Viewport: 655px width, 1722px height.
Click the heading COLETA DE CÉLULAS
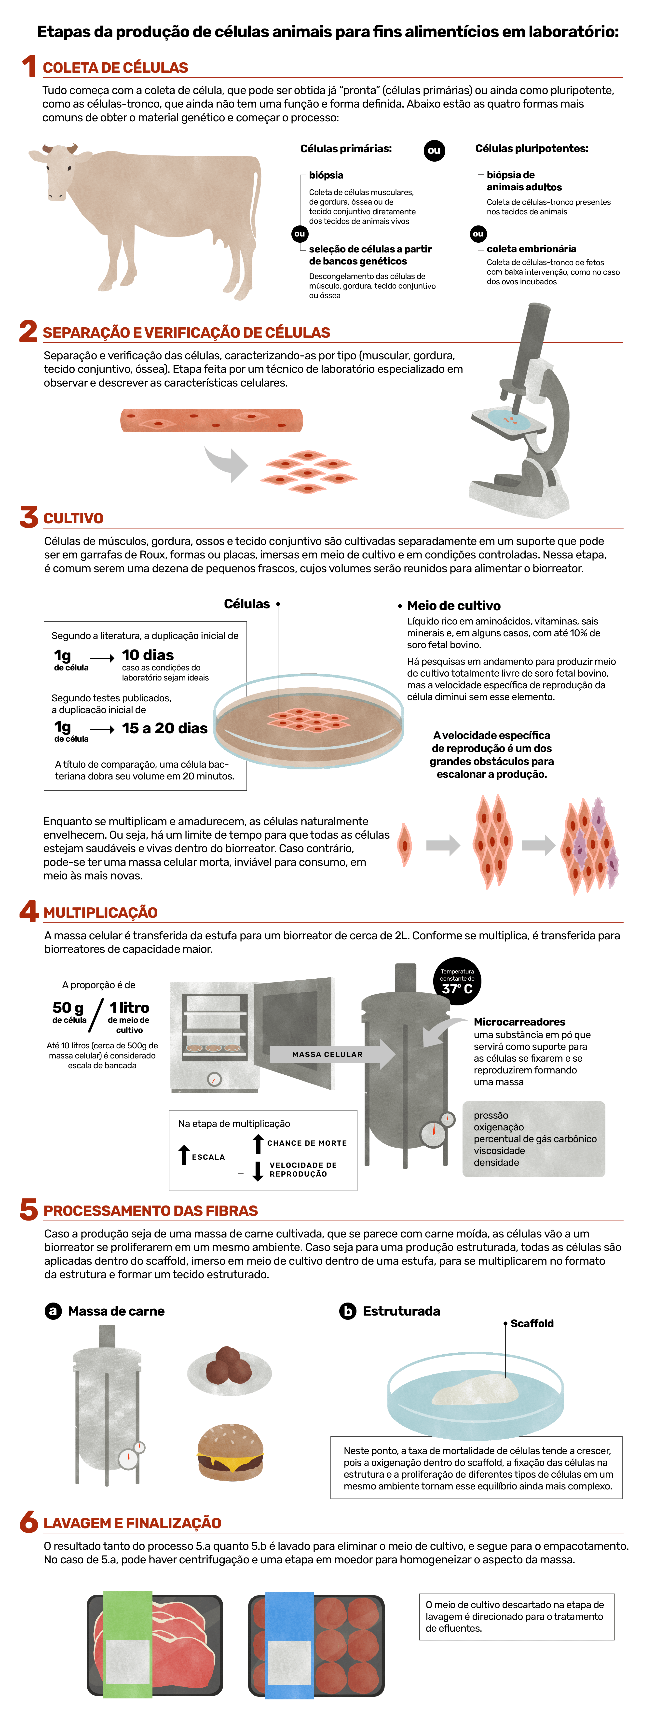(x=115, y=68)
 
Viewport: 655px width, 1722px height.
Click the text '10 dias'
(x=148, y=655)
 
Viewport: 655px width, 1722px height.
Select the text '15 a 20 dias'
(x=164, y=728)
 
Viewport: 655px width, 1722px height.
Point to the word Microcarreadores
(x=519, y=1021)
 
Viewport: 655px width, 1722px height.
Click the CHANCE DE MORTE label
(x=307, y=1143)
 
